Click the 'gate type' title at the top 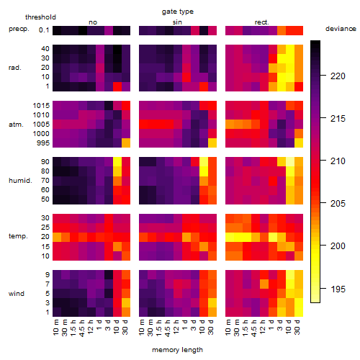178,12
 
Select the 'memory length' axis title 177,350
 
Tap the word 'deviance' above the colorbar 341,29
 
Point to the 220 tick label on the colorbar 338,76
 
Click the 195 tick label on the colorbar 338,289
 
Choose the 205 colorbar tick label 338,204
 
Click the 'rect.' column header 261,22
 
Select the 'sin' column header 177,22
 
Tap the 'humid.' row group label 20,181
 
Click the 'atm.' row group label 16,125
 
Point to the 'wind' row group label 17,294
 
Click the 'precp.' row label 19,29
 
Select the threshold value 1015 41,106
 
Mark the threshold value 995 43,143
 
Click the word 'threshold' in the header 40,17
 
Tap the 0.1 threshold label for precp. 44,30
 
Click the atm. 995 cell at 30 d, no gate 126,143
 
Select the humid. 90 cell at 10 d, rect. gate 290,162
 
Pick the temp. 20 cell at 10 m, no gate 57,237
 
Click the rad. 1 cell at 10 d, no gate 117,86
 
